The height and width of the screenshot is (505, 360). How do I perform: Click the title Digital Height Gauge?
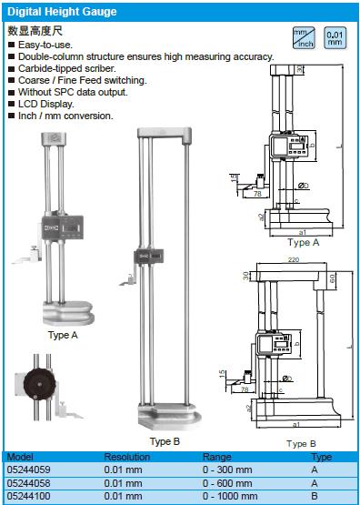coord(62,12)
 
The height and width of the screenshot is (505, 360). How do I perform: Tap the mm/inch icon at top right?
coord(304,37)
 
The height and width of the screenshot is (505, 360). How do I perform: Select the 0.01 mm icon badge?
coord(335,37)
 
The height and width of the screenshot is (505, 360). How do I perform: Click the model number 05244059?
coord(28,470)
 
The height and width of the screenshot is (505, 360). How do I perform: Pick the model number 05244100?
coord(28,496)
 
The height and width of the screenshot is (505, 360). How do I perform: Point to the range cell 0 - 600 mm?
coord(227,483)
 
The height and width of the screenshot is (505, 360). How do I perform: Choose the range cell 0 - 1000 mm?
coord(230,496)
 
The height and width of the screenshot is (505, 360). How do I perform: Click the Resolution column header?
coord(127,457)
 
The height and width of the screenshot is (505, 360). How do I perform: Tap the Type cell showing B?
coord(315,496)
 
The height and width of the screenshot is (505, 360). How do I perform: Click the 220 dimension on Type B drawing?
coord(293,259)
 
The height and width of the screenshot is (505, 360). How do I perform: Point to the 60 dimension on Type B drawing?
coord(333,278)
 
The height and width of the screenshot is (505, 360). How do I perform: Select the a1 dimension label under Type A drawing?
coord(303,232)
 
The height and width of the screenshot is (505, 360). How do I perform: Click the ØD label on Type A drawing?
coord(303,186)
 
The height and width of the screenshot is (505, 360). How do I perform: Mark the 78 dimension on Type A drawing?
coord(256,194)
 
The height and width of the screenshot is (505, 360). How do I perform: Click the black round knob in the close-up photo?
coord(39,384)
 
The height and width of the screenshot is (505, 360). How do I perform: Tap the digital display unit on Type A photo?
coord(63,227)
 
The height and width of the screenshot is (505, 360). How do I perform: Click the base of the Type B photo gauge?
coord(170,416)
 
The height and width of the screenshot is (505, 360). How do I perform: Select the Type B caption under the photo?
coord(165,441)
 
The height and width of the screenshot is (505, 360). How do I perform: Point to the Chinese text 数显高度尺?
coord(35,31)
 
